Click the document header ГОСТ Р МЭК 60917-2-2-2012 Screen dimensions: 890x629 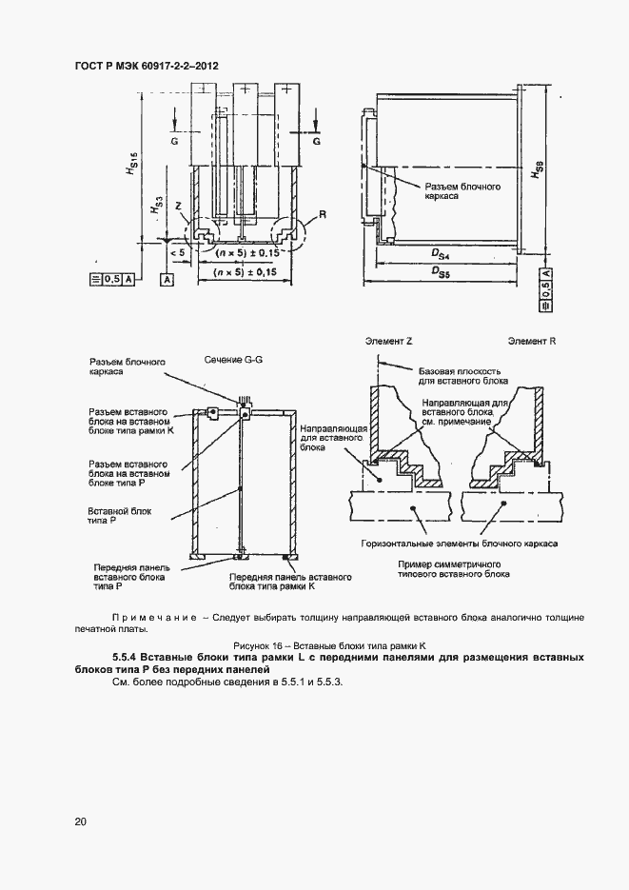pos(146,67)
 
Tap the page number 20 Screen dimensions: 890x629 pos(79,821)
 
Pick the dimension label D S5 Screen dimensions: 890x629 pos(441,273)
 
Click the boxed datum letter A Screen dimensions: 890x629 pos(167,279)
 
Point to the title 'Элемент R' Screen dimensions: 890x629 pos(531,340)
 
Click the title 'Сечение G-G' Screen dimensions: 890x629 pos(232,361)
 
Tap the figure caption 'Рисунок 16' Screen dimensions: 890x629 pos(314,646)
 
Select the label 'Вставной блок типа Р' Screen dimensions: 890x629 pos(108,517)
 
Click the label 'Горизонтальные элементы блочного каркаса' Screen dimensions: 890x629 pos(459,543)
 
